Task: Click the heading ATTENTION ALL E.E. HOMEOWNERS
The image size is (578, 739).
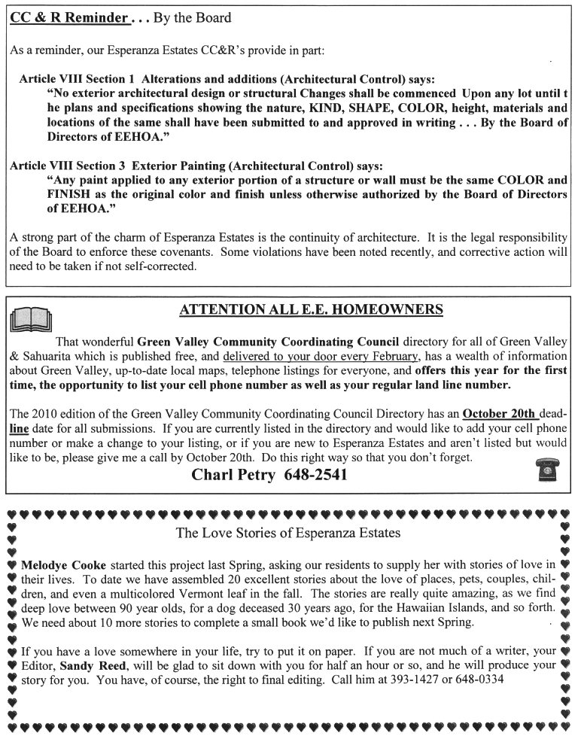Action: point(312,309)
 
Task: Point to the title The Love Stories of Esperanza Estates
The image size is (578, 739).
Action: point(287,533)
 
